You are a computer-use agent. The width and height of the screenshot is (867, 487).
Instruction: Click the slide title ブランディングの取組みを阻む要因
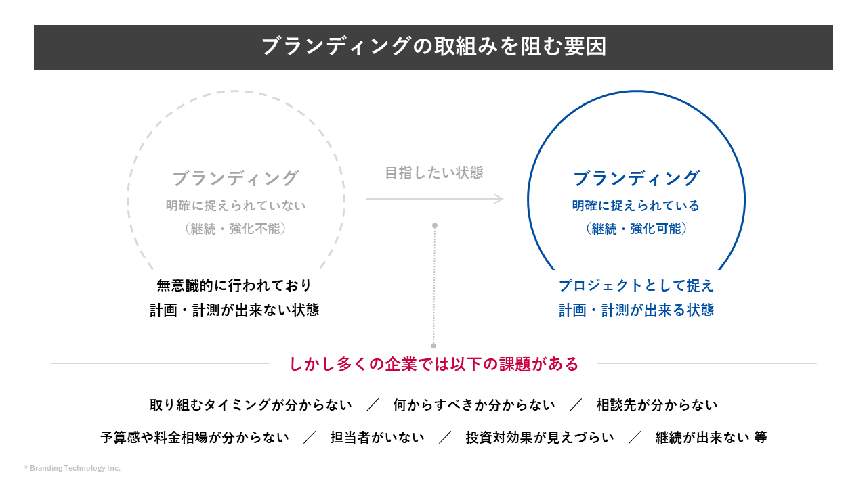[433, 47]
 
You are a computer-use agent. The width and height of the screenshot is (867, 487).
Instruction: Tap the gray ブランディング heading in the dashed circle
[236, 179]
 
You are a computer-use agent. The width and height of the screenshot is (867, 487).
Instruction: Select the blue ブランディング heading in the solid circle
[636, 179]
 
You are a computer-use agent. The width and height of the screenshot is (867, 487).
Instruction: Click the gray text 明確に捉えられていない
[236, 206]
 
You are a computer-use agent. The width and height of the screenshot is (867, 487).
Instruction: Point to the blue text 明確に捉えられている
[636, 206]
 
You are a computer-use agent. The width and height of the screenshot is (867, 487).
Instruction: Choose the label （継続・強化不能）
[236, 229]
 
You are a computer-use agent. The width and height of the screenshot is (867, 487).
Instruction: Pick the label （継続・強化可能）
[636, 229]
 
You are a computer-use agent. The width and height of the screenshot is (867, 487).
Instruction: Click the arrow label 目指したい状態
[434, 172]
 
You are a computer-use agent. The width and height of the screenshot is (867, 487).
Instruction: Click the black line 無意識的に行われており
[234, 285]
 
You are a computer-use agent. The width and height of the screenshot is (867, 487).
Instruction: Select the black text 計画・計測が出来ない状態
[234, 310]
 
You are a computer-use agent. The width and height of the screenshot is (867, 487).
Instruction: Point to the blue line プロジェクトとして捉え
[636, 285]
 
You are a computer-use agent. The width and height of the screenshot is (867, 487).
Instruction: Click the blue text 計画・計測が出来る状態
[636, 310]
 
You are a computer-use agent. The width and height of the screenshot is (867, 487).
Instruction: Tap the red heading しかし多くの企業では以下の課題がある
[434, 364]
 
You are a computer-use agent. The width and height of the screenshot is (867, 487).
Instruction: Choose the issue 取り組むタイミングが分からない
[251, 405]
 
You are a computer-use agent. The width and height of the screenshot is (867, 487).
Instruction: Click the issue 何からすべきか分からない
[474, 405]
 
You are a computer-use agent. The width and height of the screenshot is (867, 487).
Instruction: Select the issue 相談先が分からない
[656, 405]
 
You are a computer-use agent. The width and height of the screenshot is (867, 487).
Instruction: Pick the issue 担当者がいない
[377, 438]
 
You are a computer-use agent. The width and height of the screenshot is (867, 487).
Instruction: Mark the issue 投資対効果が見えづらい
[540, 438]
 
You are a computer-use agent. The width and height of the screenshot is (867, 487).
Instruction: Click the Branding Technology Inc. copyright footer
[72, 468]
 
